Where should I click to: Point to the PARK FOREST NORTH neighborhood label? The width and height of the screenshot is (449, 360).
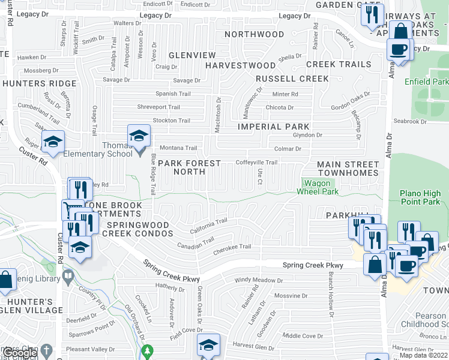pyautogui.click(x=189, y=167)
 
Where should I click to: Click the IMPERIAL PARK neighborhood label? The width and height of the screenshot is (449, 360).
pyautogui.click(x=273, y=127)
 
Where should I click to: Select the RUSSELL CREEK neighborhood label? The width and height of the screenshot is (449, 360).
pyautogui.click(x=292, y=79)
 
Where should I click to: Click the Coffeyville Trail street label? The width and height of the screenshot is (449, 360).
pyautogui.click(x=256, y=162)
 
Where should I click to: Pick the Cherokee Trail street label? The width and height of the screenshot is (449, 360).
pyautogui.click(x=232, y=247)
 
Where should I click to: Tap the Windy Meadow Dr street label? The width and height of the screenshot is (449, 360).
pyautogui.click(x=258, y=280)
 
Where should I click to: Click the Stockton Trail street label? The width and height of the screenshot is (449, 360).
pyautogui.click(x=172, y=121)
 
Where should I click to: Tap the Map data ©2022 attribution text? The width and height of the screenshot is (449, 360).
pyautogui.click(x=423, y=355)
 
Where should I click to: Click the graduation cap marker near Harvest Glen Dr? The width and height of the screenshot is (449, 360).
pyautogui.click(x=208, y=344)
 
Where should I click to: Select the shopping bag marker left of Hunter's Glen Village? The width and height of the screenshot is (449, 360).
pyautogui.click(x=6, y=280)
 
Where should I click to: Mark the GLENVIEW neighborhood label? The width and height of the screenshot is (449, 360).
pyautogui.click(x=184, y=55)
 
